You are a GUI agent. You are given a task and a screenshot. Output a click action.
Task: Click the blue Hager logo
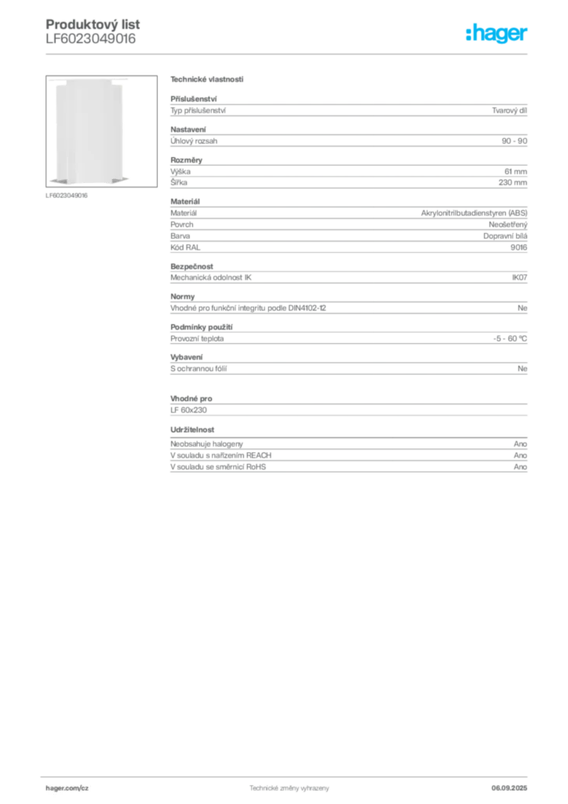point(497,35)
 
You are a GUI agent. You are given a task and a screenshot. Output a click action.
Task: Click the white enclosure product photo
point(88,132)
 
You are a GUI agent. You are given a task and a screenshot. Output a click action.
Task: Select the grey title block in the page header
point(90,31)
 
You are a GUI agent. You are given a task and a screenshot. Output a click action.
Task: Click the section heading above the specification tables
point(206,81)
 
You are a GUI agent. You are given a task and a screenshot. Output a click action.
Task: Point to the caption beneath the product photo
point(69,194)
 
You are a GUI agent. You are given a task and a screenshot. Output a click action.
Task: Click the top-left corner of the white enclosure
point(51,80)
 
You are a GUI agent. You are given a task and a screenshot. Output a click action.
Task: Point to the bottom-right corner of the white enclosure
point(126,184)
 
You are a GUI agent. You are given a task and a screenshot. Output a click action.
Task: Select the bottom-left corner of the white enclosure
point(51,184)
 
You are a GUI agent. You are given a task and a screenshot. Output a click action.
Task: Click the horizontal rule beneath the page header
point(289,53)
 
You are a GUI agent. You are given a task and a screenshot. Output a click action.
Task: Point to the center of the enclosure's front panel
point(88,132)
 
